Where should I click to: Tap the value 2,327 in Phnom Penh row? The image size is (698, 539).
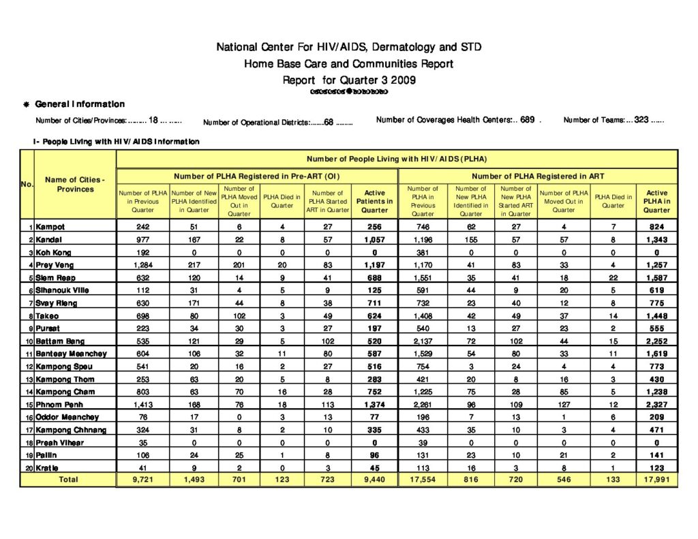(x=656, y=405)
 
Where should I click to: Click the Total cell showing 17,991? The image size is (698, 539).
(x=656, y=480)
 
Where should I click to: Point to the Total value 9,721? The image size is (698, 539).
(x=142, y=480)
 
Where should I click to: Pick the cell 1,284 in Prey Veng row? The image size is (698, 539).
(x=142, y=264)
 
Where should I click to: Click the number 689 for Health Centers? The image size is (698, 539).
(x=527, y=120)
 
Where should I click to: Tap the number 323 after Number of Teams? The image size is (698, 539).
(x=641, y=120)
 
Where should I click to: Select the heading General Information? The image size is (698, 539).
(x=80, y=104)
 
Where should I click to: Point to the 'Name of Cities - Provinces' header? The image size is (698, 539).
(x=75, y=184)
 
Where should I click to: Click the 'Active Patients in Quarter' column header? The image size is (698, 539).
(x=374, y=201)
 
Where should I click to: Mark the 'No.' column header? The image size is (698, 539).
(x=27, y=184)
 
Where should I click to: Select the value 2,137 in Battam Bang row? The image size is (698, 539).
(x=422, y=341)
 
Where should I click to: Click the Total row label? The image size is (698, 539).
(x=68, y=480)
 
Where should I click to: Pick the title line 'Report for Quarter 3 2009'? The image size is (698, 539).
(x=348, y=80)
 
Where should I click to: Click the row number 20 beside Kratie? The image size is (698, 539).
(x=29, y=468)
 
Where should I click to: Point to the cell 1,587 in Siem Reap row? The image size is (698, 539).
(x=656, y=277)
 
